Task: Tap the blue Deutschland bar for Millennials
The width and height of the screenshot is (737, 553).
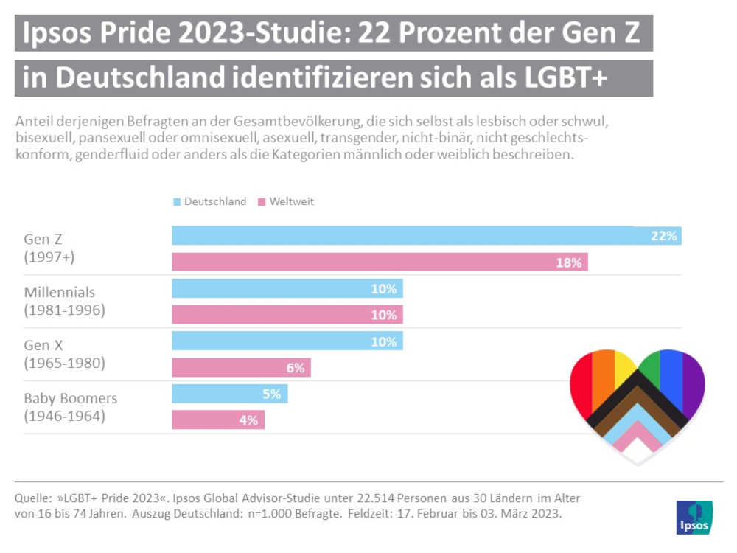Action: [x=287, y=289]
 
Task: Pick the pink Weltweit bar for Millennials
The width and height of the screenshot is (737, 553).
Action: [x=287, y=315]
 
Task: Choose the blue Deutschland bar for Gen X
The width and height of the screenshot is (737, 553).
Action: [x=287, y=341]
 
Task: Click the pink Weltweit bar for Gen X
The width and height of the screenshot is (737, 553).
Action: [x=241, y=368]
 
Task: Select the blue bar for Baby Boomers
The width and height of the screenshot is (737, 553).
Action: [x=229, y=394]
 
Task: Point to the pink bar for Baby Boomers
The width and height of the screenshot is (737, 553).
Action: [x=218, y=420]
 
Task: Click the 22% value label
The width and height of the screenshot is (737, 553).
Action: [x=663, y=236]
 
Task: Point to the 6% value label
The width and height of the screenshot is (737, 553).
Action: [x=295, y=368]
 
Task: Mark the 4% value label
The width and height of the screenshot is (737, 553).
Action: [x=248, y=420]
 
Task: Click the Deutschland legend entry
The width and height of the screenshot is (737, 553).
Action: [x=209, y=201]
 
